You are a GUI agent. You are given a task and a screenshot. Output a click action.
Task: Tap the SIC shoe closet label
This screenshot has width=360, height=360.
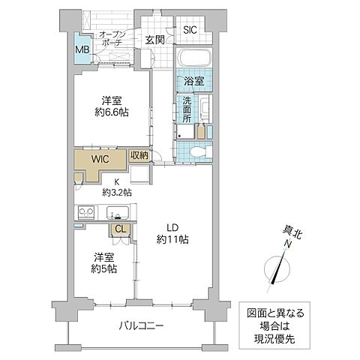click(x=190, y=31)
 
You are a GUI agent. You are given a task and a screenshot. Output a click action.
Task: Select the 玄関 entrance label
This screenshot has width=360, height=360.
click(x=154, y=39)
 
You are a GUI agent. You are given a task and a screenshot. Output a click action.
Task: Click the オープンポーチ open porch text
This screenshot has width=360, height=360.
click(x=112, y=39)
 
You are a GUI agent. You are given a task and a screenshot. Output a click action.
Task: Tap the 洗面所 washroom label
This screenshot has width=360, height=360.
click(x=184, y=110)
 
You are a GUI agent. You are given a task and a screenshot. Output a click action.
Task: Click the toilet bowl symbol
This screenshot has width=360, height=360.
click(x=196, y=151)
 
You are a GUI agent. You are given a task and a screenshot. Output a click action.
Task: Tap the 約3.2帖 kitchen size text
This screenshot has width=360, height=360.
click(x=116, y=193)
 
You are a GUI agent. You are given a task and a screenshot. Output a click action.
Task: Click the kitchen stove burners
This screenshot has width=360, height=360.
click(x=84, y=212)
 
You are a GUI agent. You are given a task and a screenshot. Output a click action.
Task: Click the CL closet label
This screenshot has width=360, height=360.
click(x=120, y=229)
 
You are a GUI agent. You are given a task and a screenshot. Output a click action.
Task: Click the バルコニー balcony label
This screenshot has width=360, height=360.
click(x=142, y=325)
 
